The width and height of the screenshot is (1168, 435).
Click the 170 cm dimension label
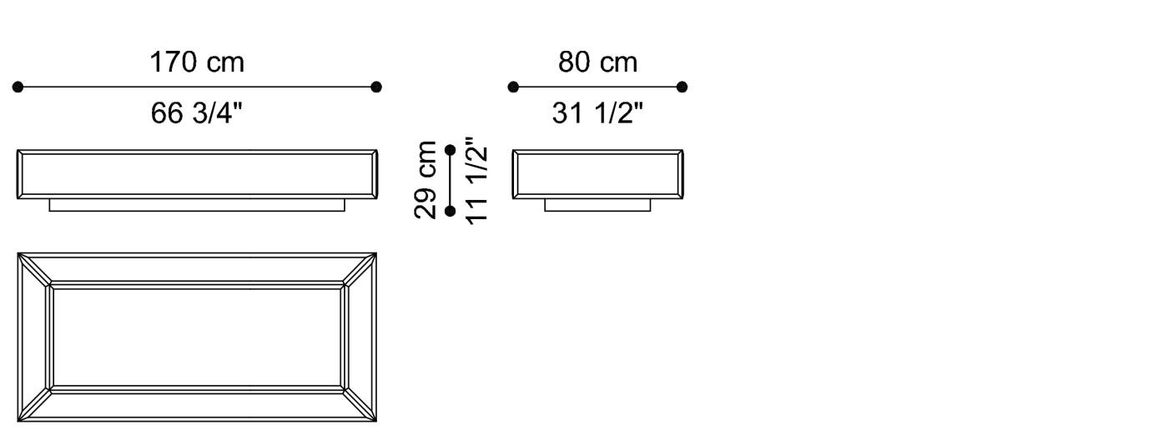click(197, 62)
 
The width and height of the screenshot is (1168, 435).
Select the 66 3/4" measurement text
click(197, 113)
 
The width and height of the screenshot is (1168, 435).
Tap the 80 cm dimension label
click(597, 62)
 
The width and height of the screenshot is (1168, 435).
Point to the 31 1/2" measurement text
click(597, 113)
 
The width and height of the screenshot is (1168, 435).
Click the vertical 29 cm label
click(426, 179)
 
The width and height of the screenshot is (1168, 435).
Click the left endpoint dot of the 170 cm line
click(18, 87)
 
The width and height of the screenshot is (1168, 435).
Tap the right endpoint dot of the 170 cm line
click(376, 87)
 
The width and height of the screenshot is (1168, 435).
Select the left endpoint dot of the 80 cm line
click(513, 87)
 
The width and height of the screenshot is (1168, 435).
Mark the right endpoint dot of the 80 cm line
click(682, 87)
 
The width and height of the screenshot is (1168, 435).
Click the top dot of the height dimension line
click(451, 150)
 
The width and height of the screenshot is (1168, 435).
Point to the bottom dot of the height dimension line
click(451, 211)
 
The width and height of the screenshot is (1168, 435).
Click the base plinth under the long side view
click(197, 205)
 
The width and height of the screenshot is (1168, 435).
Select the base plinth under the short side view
click(597, 205)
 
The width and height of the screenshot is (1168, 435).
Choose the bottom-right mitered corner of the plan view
click(360, 404)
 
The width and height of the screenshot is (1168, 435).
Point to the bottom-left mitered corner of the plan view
click(34, 404)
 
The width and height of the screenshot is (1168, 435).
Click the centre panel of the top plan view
click(197, 337)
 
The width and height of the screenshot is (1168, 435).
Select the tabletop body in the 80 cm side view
click(597, 174)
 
